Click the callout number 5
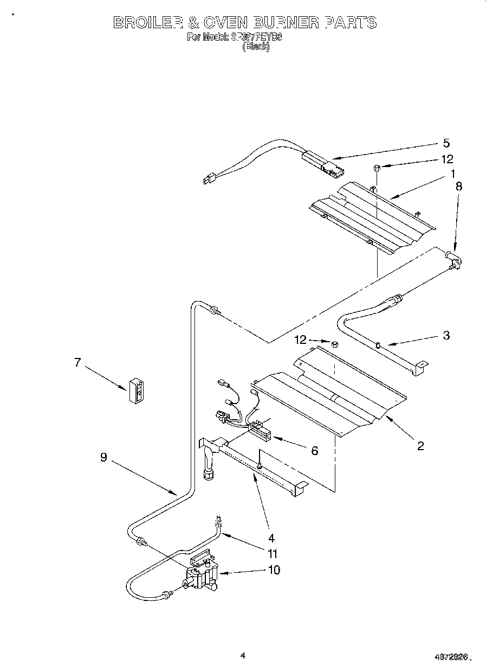tap(446, 143)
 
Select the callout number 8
tap(459, 185)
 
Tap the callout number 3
tap(446, 335)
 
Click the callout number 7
tap(78, 362)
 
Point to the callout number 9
tap(103, 457)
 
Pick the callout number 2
tap(420, 446)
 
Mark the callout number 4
tap(271, 538)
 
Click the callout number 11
tap(273, 554)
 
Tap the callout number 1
tap(451, 174)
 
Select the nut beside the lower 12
tap(334, 344)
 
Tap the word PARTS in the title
tap(350, 23)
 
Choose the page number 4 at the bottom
tap(243, 655)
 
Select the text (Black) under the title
tap(255, 47)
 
